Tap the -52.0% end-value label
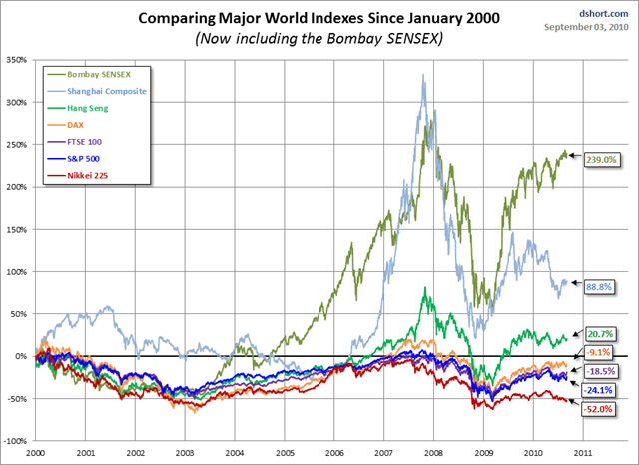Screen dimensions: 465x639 [600, 409]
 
